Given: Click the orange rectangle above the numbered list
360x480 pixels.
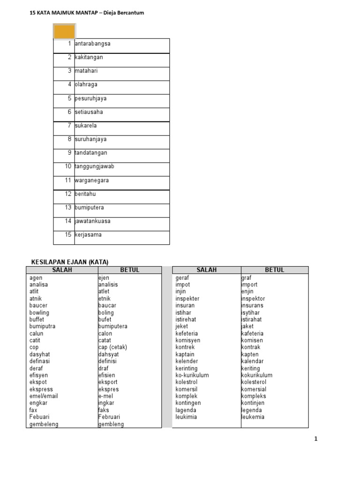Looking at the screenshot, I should [64, 32].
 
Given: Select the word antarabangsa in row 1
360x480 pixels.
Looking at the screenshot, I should [93, 44].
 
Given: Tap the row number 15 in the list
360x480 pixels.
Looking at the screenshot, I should [68, 234].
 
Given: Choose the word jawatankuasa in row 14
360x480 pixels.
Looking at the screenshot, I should [93, 221].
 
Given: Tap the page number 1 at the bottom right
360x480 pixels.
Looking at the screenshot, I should [316, 439].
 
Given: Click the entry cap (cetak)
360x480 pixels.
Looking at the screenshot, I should [112, 347].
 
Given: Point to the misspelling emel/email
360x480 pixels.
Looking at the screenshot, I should [44, 396].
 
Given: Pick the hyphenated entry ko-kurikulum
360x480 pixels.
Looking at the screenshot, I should [192, 375].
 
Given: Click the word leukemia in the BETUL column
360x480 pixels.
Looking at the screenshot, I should [253, 417].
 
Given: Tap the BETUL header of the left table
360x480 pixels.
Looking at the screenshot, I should [130, 270].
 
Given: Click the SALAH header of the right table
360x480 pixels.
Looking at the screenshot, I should [207, 270].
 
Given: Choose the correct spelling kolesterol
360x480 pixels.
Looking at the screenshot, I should [256, 382].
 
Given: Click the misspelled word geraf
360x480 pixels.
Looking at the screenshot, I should [182, 277].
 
